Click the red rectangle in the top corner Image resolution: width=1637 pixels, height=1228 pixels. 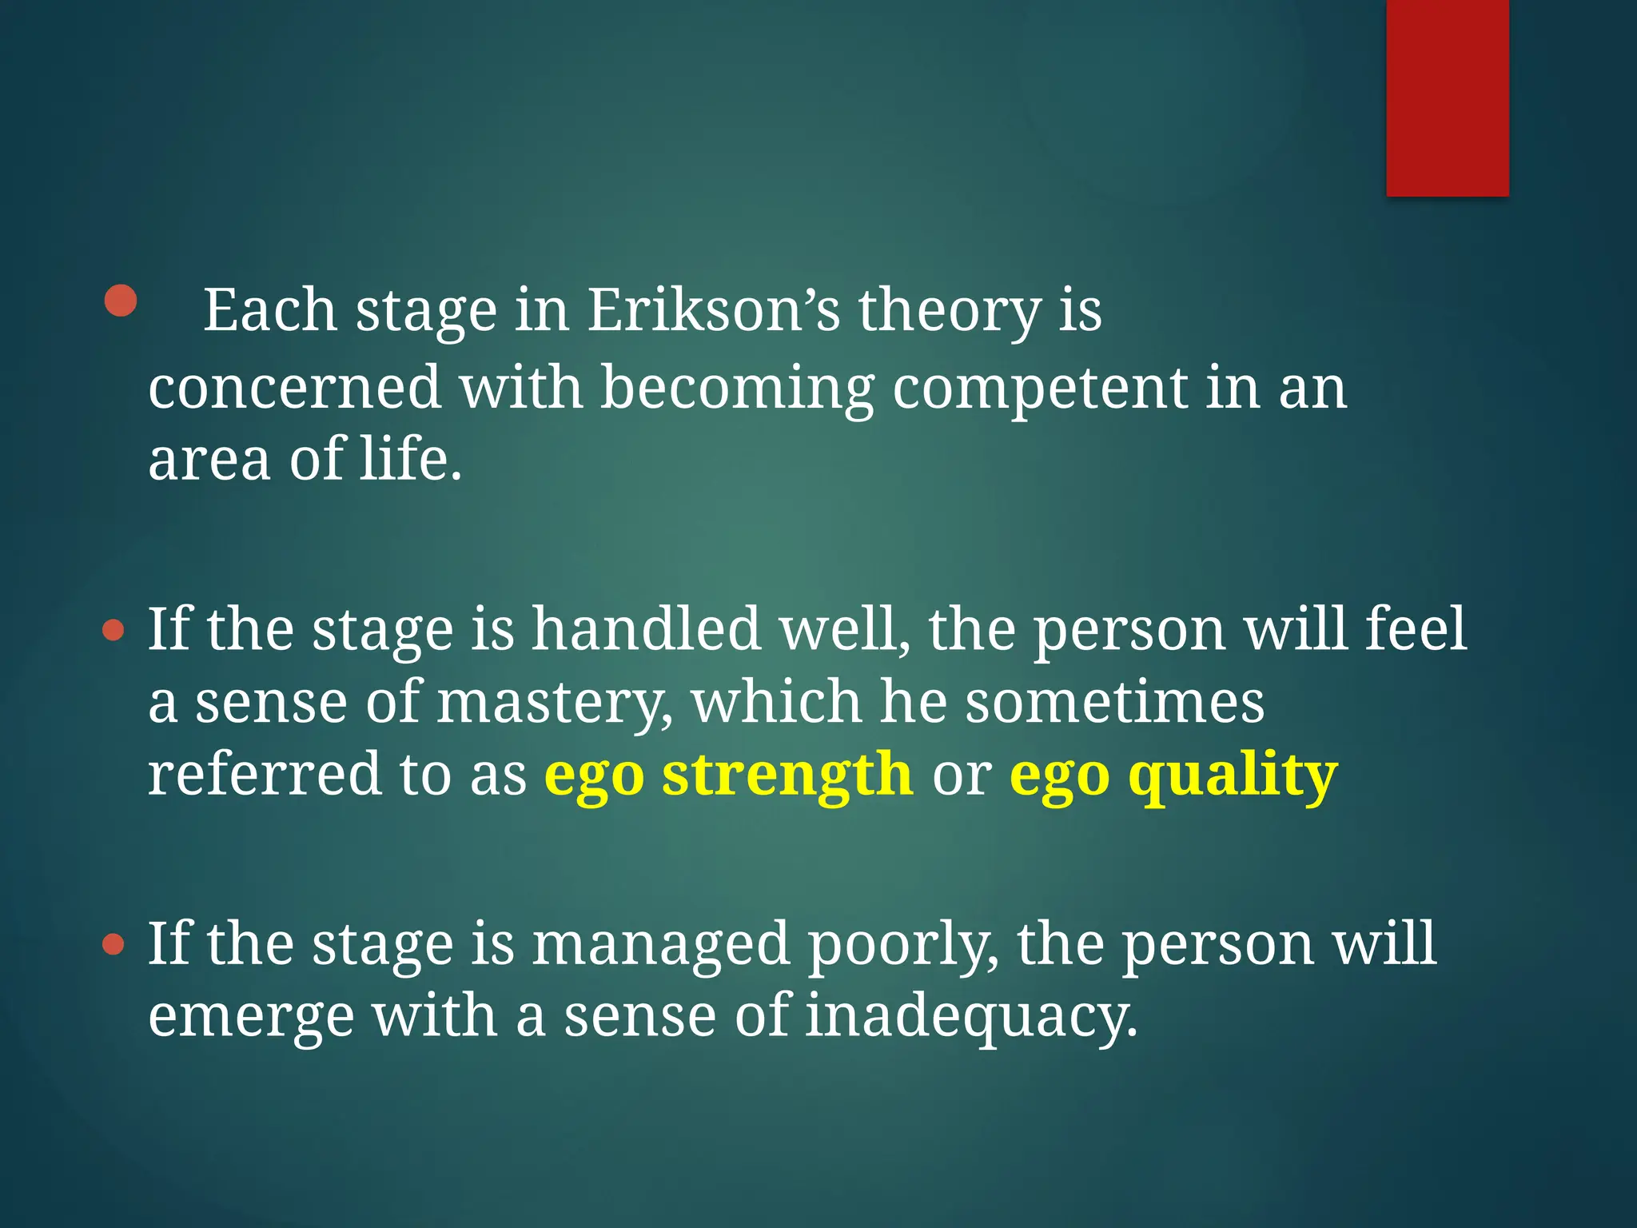(x=1447, y=98)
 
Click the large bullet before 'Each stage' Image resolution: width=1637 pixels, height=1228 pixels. (x=121, y=301)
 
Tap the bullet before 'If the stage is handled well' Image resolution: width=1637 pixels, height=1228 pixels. (x=114, y=632)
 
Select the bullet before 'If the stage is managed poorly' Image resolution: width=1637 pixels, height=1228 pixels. (x=114, y=946)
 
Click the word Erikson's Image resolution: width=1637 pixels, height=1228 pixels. (x=714, y=310)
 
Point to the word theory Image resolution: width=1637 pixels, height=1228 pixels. (x=950, y=312)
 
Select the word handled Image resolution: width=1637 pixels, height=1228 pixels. (x=646, y=629)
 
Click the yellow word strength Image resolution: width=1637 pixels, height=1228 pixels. (x=787, y=775)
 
